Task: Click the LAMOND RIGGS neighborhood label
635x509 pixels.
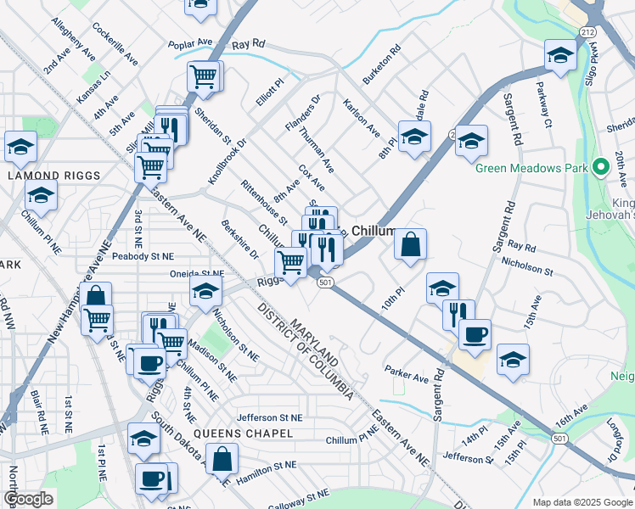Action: tap(54, 176)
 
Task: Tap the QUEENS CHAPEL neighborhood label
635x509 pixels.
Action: tap(243, 433)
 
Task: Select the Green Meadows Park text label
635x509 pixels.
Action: tap(531, 167)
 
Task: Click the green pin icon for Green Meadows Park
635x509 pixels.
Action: tap(600, 167)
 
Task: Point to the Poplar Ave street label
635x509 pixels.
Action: tap(190, 42)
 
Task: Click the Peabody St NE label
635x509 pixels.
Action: tap(143, 255)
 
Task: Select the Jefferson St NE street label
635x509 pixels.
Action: tap(269, 417)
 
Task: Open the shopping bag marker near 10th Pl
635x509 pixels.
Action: tap(410, 245)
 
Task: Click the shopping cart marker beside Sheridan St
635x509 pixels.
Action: tap(204, 76)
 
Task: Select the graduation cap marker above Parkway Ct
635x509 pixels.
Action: tap(560, 56)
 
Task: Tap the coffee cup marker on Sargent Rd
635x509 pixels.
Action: tap(475, 333)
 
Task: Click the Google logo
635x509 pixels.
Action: tap(28, 499)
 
